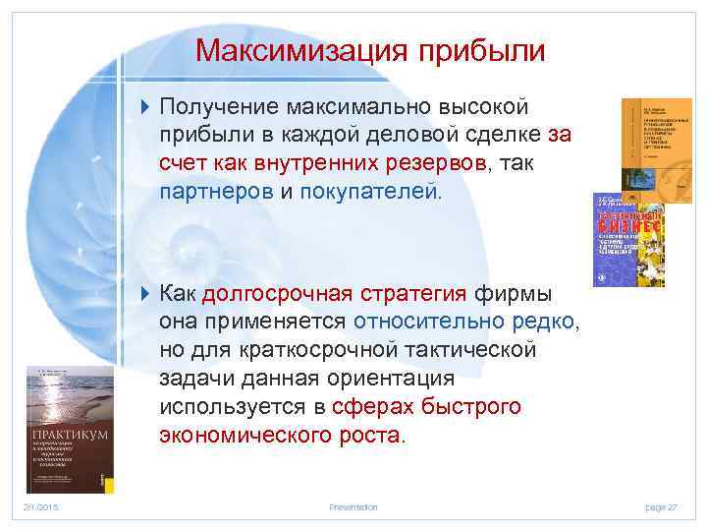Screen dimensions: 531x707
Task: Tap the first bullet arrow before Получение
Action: click(146, 105)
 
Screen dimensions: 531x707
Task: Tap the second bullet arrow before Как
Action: click(146, 293)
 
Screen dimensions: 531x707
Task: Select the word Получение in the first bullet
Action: click(221, 105)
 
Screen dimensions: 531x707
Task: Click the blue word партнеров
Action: click(216, 191)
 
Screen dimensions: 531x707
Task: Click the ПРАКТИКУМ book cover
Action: click(70, 429)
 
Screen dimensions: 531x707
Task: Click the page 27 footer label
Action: click(661, 506)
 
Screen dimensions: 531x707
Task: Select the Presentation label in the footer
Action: click(353, 506)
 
